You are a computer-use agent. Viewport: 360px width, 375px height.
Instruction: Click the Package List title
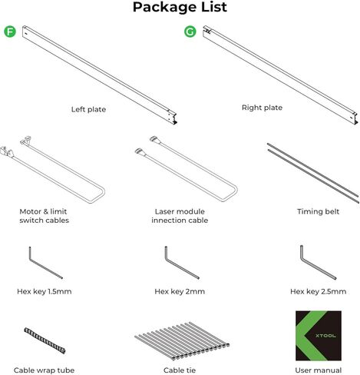tap(180, 8)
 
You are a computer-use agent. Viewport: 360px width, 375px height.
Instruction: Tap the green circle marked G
tap(190, 32)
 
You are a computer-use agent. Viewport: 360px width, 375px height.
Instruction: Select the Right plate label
tap(263, 108)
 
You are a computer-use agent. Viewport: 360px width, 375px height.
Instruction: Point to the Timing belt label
tap(317, 211)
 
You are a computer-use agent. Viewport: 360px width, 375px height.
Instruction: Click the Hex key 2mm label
tap(180, 291)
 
